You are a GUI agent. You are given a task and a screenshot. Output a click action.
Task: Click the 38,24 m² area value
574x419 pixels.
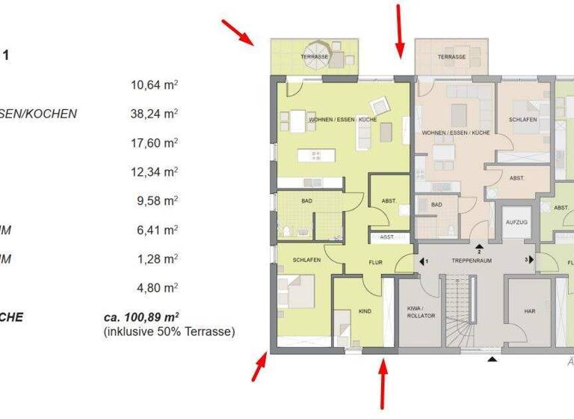click(154, 114)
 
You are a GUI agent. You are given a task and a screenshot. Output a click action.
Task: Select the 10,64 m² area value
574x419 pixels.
click(154, 85)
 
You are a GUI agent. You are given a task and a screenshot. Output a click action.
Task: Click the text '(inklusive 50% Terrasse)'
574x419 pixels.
click(169, 331)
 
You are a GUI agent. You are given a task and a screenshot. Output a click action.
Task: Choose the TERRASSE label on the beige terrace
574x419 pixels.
click(451, 57)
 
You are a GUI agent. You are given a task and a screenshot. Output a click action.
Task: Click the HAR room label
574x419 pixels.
click(530, 311)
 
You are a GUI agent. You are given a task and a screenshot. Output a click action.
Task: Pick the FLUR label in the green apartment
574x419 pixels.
click(375, 263)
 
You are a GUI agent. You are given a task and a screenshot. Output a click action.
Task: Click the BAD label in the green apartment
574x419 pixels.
click(306, 201)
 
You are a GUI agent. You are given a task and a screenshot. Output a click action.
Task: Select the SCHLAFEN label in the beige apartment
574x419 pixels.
click(522, 120)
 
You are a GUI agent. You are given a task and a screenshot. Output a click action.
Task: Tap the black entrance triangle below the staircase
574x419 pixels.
click(492, 361)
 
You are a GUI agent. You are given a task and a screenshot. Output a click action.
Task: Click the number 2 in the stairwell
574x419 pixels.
click(479, 251)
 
